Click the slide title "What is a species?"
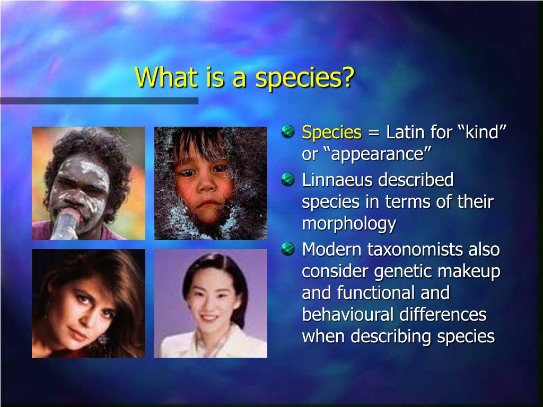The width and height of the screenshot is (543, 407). (x=244, y=77)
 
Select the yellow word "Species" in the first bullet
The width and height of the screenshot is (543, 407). (x=331, y=132)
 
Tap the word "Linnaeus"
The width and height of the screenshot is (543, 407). (x=338, y=180)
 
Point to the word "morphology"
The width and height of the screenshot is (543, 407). (x=349, y=224)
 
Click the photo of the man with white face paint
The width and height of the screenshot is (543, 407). (x=89, y=183)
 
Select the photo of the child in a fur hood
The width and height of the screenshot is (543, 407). (x=211, y=183)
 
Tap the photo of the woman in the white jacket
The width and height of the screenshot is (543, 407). (x=211, y=304)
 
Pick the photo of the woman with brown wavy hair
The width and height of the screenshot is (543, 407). (x=89, y=304)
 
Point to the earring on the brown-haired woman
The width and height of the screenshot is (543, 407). (x=102, y=339)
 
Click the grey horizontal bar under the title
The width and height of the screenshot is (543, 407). (x=99, y=101)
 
